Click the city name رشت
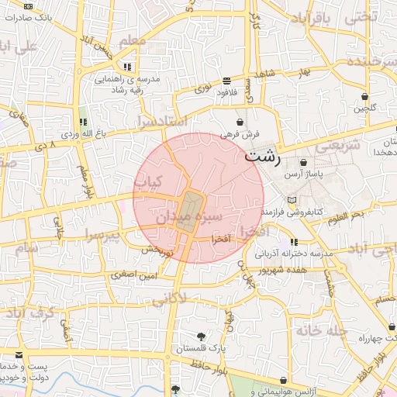pyautogui.click(x=264, y=156)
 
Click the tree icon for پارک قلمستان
pyautogui.click(x=202, y=337)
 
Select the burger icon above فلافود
pyautogui.click(x=226, y=81)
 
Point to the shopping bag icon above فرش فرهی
pyautogui.click(x=240, y=122)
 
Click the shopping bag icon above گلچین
pyautogui.click(x=364, y=97)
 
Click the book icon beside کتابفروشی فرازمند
pyautogui.click(x=292, y=200)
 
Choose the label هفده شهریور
pyautogui.click(x=299, y=270)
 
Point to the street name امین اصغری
pyautogui.click(x=133, y=274)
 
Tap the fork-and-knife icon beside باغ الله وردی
pyautogui.click(x=83, y=122)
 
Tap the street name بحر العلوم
pyautogui.click(x=344, y=216)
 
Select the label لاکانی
pyautogui.click(x=169, y=298)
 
